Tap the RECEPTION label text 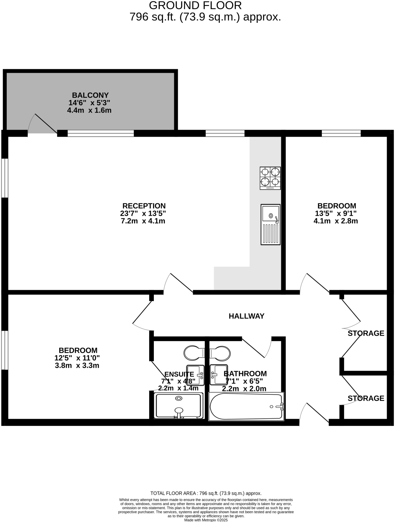[x=144, y=206]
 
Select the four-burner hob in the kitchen [x=270, y=178]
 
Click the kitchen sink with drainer [x=270, y=224]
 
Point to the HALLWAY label [x=246, y=316]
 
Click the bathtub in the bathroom [x=246, y=406]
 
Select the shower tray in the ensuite [x=179, y=406]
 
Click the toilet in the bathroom [x=220, y=353]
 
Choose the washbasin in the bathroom [x=219, y=375]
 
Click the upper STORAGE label [x=366, y=333]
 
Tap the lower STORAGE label [x=366, y=398]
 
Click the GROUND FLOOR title [x=195, y=5]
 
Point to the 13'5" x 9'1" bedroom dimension [x=336, y=213]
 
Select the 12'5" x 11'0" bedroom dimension [x=77, y=358]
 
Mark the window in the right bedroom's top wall [x=341, y=133]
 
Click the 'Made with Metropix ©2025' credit [x=206, y=520]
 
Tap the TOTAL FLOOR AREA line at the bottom [x=206, y=493]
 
